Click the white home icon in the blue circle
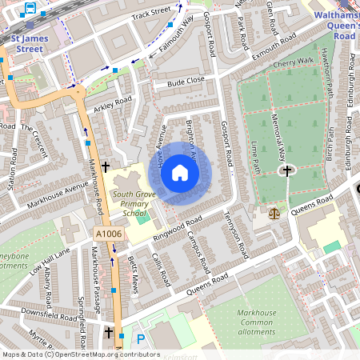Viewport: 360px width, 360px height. tap(181, 172)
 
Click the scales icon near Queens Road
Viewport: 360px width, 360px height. tap(276, 213)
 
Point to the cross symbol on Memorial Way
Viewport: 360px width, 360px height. tap(286, 170)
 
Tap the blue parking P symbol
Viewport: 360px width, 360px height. tap(141, 339)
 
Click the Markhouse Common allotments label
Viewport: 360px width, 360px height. tap(257, 318)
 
